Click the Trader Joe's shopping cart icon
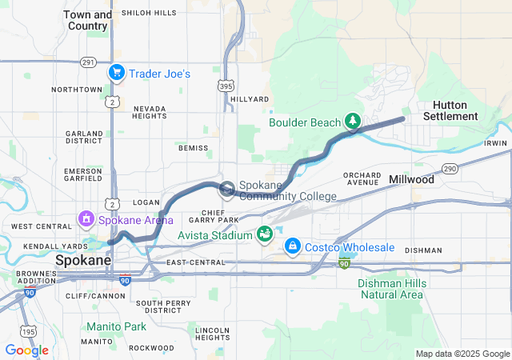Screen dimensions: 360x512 [117, 74]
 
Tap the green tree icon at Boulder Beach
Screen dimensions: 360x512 [352, 122]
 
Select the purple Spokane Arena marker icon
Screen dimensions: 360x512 [85, 218]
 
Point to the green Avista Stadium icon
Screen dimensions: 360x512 [263, 234]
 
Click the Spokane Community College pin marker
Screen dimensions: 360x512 [227, 189]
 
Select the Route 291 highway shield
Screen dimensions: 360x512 [88, 62]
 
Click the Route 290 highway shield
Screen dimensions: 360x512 [450, 168]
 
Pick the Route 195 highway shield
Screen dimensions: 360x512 [29, 331]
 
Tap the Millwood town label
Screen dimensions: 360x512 [411, 180]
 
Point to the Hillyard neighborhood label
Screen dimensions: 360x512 [250, 98]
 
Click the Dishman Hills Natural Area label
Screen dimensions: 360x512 [390, 289]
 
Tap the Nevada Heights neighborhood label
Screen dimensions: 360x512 [149, 112]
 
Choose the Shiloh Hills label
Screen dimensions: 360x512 [149, 13]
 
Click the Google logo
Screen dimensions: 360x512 [26, 350]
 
